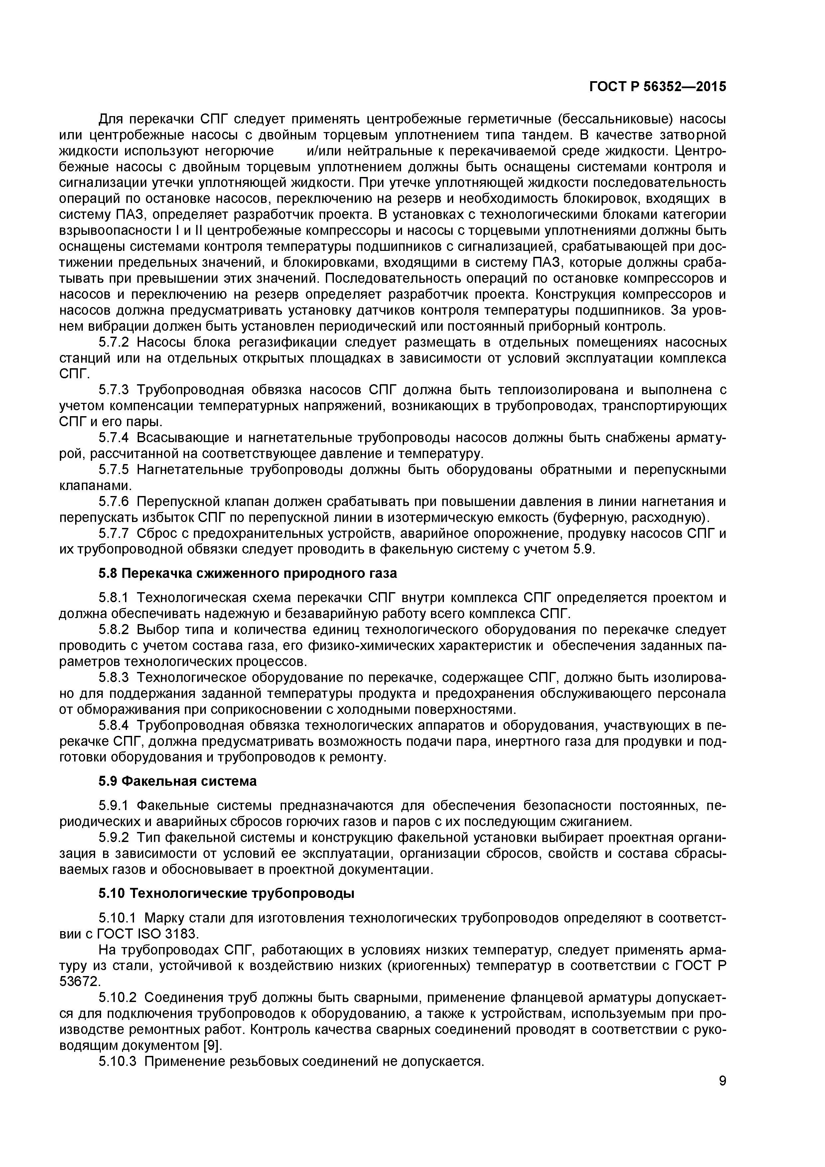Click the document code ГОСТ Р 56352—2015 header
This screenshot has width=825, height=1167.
tap(657, 87)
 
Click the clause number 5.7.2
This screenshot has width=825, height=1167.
tap(114, 342)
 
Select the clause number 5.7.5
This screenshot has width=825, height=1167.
tap(114, 470)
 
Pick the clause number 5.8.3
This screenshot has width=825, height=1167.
tap(114, 678)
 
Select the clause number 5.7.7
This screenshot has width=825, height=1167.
tap(114, 534)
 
